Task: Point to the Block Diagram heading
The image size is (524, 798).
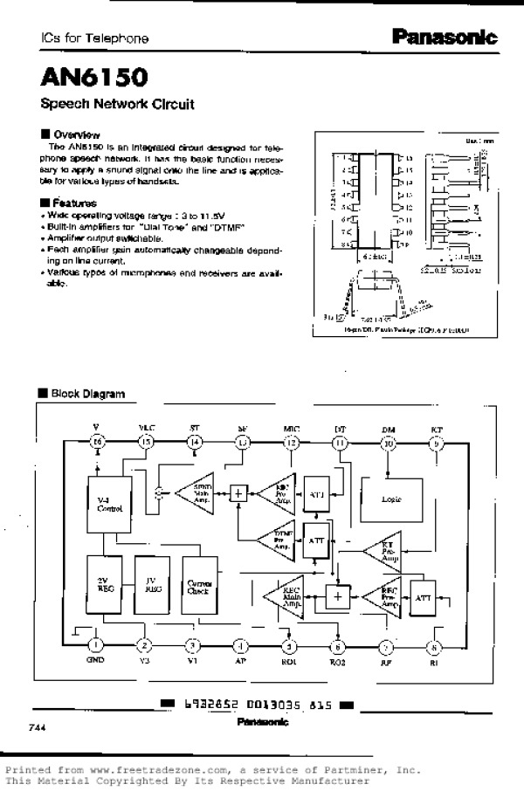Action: [x=87, y=394]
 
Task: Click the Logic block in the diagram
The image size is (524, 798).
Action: [x=390, y=500]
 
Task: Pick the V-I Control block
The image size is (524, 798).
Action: [x=109, y=503]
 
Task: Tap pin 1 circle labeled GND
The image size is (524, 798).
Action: [x=96, y=646]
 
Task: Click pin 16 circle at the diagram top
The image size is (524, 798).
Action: [x=98, y=443]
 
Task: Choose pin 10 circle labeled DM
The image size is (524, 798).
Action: [x=389, y=444]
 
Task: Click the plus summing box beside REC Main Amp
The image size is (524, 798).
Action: [x=336, y=596]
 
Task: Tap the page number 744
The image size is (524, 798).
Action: [x=37, y=726]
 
